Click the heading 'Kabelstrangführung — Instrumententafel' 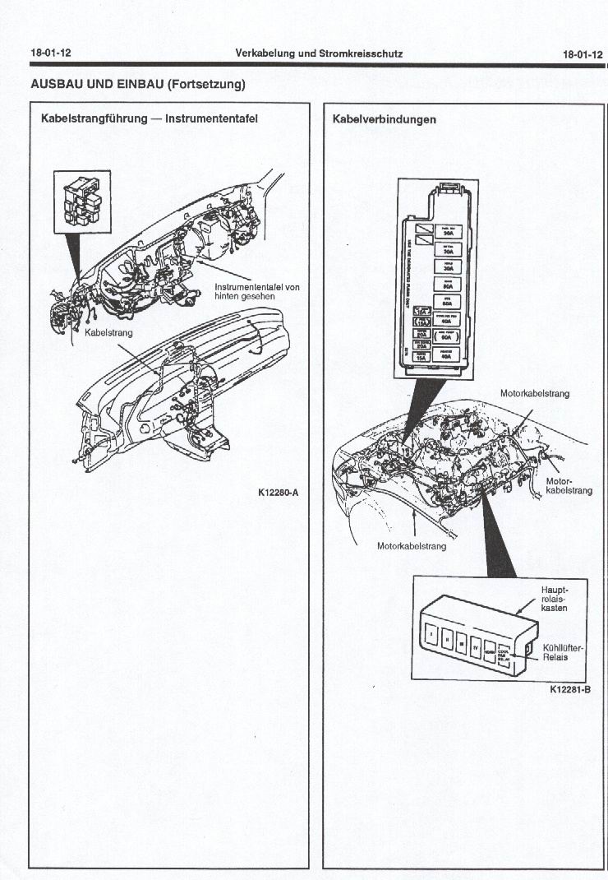150,118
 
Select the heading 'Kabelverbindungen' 385,119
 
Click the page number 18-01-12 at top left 51,53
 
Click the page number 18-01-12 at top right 583,54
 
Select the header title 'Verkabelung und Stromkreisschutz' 319,53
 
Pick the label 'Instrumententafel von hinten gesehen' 256,291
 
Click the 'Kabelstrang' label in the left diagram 108,333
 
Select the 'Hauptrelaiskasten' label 555,599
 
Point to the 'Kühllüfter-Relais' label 563,652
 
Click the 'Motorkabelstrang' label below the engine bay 412,546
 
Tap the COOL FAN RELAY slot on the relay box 502,654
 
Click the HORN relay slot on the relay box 490,651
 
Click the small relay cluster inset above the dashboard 81,200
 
